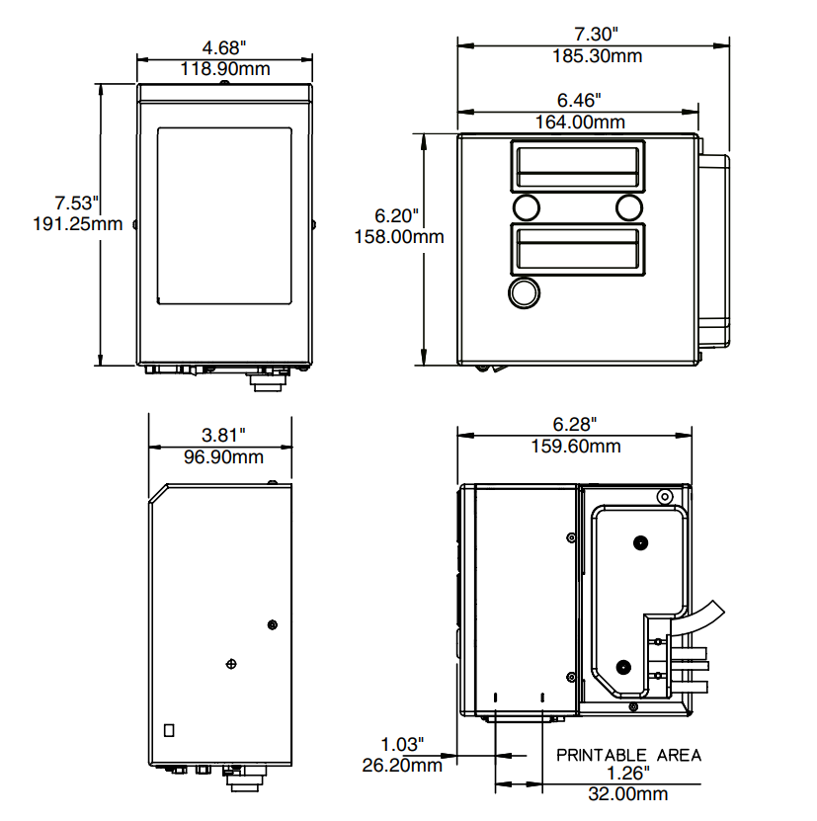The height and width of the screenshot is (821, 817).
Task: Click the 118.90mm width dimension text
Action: coord(225,69)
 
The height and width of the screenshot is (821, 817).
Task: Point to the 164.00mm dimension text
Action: coord(579,123)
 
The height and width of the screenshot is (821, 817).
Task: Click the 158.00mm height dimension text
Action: coord(398,236)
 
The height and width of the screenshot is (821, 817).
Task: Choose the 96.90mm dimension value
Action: coord(223,457)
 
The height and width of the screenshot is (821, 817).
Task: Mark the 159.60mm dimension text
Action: coord(575,447)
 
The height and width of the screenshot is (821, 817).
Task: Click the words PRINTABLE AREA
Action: coord(629,755)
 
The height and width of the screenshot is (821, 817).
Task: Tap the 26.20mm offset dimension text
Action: coord(400,765)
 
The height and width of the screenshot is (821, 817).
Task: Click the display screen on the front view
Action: coord(225,214)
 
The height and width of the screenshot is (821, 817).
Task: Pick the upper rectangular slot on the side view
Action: coord(577,165)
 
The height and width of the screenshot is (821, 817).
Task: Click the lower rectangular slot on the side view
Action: coord(577,250)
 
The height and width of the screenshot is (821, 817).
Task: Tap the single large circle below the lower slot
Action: coord(525,292)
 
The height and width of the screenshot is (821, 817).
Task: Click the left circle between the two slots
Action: coord(526,207)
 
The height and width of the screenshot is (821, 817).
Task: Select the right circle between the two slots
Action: coord(629,207)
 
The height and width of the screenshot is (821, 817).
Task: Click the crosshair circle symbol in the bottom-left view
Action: coord(231,663)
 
